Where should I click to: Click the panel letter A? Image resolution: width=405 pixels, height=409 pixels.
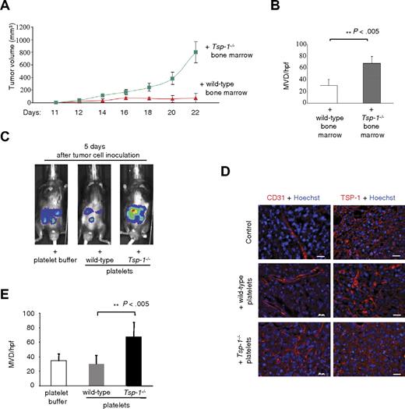(x=8, y=6)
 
